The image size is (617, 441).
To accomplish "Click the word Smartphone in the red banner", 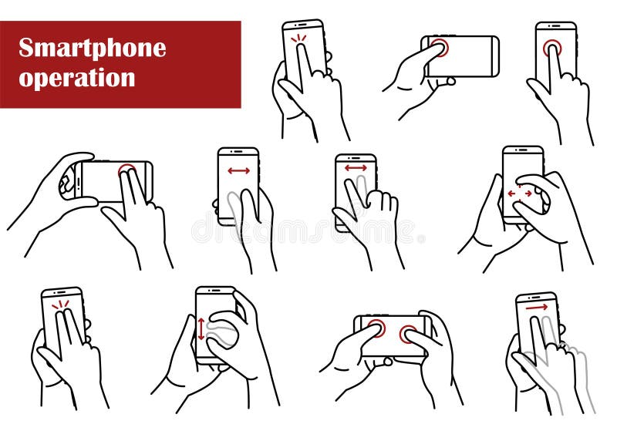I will tap(92, 48).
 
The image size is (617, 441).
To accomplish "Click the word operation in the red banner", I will tap(77, 78).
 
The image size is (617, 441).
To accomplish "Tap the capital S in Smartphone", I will tap(26, 48).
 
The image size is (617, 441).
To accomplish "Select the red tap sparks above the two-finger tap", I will tap(60, 305).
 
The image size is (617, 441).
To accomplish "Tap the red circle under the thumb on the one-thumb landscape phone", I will tap(439, 47).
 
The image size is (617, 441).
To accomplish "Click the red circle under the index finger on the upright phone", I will tap(551, 48).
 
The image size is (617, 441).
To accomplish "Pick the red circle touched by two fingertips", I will tap(127, 170).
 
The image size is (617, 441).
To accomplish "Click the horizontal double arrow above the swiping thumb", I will tap(238, 170).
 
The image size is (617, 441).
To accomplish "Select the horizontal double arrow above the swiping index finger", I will tap(356, 167).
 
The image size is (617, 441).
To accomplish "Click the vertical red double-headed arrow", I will tap(201, 328).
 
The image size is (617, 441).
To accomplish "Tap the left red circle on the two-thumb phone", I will tap(376, 328).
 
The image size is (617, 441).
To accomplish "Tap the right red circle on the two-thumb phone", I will tap(408, 335).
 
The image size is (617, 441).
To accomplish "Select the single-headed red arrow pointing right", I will tap(537, 307).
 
